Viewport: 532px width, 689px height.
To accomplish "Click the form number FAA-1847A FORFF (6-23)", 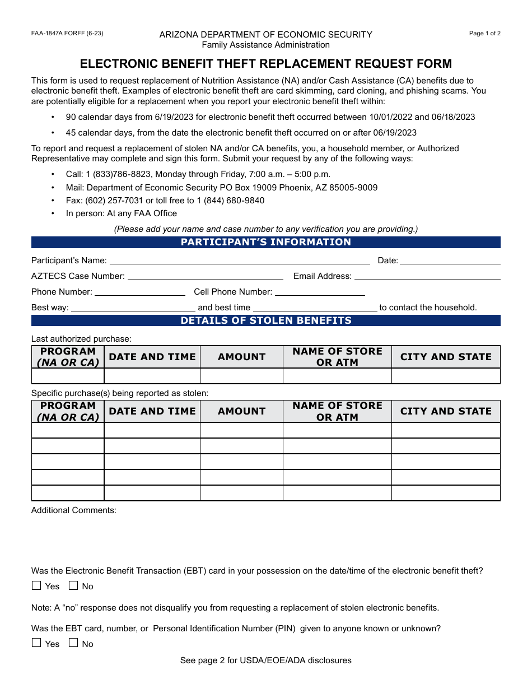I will coord(67,34).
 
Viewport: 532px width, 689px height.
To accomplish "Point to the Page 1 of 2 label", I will coord(485,34).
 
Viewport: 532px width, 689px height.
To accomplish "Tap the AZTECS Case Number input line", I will coord(206,277).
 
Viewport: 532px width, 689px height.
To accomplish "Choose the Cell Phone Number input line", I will coord(320,292).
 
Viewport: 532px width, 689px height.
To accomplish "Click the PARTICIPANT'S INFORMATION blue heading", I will coord(265,243).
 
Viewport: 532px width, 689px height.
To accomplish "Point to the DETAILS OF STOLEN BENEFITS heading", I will coord(265,321).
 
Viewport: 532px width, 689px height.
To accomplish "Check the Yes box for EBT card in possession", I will coord(36,585).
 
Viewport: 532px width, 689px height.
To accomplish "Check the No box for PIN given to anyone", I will coord(73,643).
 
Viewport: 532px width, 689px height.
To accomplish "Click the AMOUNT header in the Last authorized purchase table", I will coord(241,357).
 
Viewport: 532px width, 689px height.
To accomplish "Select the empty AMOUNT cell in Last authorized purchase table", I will coord(241,376).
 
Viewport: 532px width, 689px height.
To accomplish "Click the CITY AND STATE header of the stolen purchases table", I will coord(446,411).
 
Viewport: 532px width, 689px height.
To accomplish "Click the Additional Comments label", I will coord(74,510).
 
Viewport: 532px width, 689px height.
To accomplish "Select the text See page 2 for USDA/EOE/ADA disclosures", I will coord(265,660).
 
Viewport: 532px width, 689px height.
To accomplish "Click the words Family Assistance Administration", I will coord(265,45).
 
